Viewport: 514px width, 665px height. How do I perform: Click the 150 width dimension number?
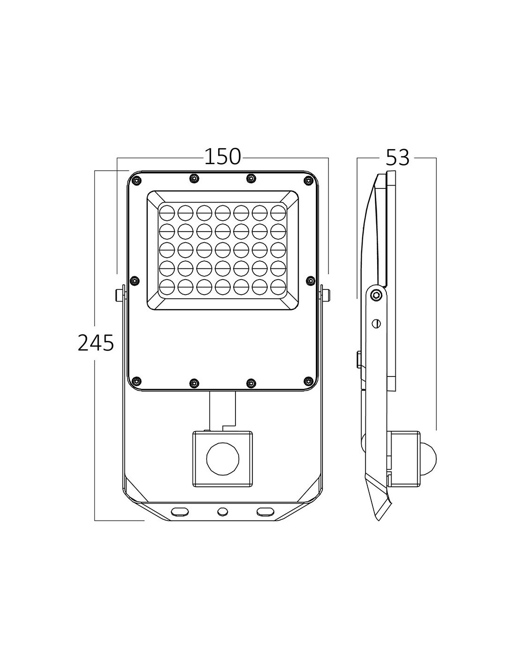222,157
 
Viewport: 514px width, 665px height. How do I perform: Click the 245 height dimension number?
96,342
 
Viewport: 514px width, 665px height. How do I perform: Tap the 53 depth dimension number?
397,158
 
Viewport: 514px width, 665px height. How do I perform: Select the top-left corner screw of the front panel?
137,181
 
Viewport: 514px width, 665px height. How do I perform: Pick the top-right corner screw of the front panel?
308,181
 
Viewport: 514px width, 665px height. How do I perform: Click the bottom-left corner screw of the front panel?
136,381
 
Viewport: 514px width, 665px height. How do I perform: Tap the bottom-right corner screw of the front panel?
309,381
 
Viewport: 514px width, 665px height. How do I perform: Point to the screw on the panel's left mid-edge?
134,280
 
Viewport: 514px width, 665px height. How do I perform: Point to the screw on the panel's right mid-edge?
311,280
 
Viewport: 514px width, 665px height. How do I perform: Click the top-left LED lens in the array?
167,213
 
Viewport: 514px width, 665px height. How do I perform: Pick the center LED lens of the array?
222,250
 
